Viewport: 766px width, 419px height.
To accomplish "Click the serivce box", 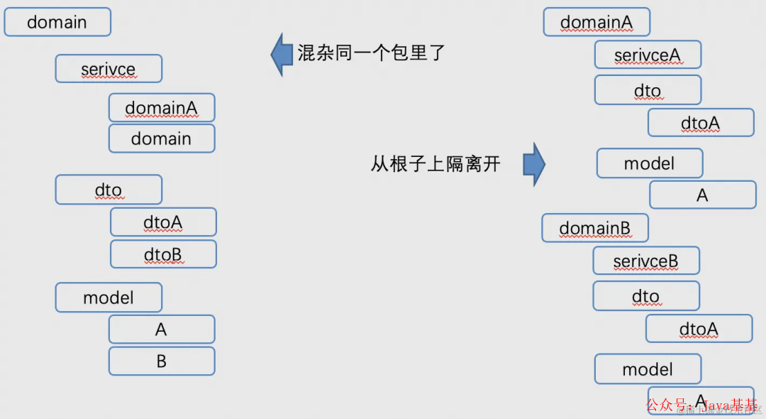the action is (x=109, y=69).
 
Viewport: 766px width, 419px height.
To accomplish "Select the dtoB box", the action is (x=162, y=254).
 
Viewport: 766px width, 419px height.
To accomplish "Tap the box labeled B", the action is (x=161, y=361).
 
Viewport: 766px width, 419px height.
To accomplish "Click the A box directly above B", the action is (x=161, y=330).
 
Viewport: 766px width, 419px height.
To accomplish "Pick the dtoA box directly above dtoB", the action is (x=162, y=222).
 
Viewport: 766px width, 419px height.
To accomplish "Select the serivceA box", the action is (x=648, y=55).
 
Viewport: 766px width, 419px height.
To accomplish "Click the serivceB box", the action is (x=646, y=261).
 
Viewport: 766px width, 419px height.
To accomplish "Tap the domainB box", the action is (x=595, y=228).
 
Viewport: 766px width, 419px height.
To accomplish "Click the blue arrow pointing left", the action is (x=282, y=54).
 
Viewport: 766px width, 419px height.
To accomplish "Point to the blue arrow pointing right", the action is (x=534, y=165).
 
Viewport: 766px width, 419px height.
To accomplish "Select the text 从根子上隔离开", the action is (x=435, y=164).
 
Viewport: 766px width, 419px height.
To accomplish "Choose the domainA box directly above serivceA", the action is (x=596, y=22).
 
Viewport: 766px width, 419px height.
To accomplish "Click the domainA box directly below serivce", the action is (x=161, y=108).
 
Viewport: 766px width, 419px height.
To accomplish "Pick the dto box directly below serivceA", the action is (x=648, y=90).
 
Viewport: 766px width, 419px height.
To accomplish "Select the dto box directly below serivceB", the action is (x=646, y=296).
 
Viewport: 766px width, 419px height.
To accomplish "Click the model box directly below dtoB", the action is (x=109, y=298).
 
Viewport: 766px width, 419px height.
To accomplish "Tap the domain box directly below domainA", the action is (x=161, y=138).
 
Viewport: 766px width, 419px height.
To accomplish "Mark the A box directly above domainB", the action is (x=702, y=195).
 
